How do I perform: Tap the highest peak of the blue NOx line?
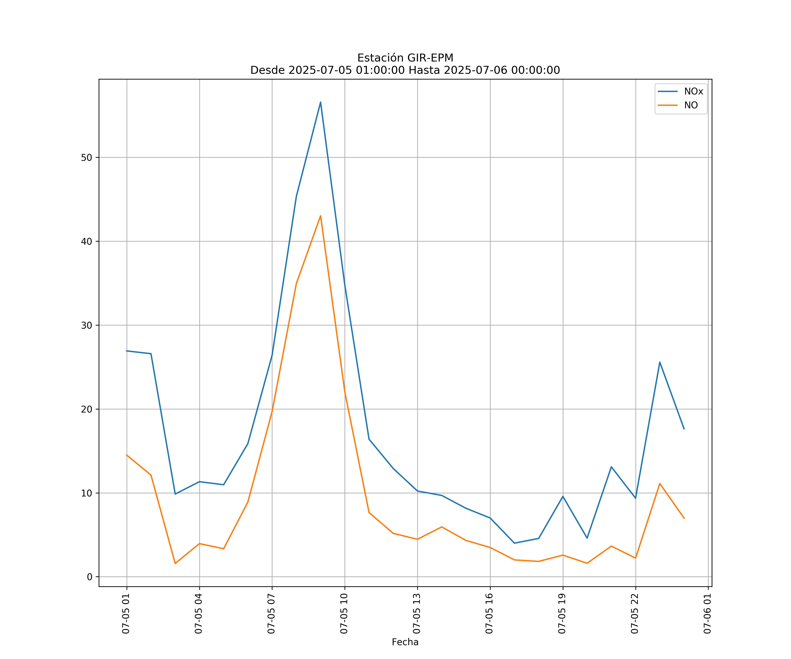321,102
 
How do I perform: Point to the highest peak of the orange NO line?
321,216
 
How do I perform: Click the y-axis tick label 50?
87,158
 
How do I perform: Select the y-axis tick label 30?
87,325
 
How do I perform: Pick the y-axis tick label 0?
90,577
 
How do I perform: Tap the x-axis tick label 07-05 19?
562,614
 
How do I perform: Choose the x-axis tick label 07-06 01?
708,614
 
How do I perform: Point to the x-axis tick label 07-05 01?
126,614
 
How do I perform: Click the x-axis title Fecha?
405,642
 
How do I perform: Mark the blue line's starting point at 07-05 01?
127,351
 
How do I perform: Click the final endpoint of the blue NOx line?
684,429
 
